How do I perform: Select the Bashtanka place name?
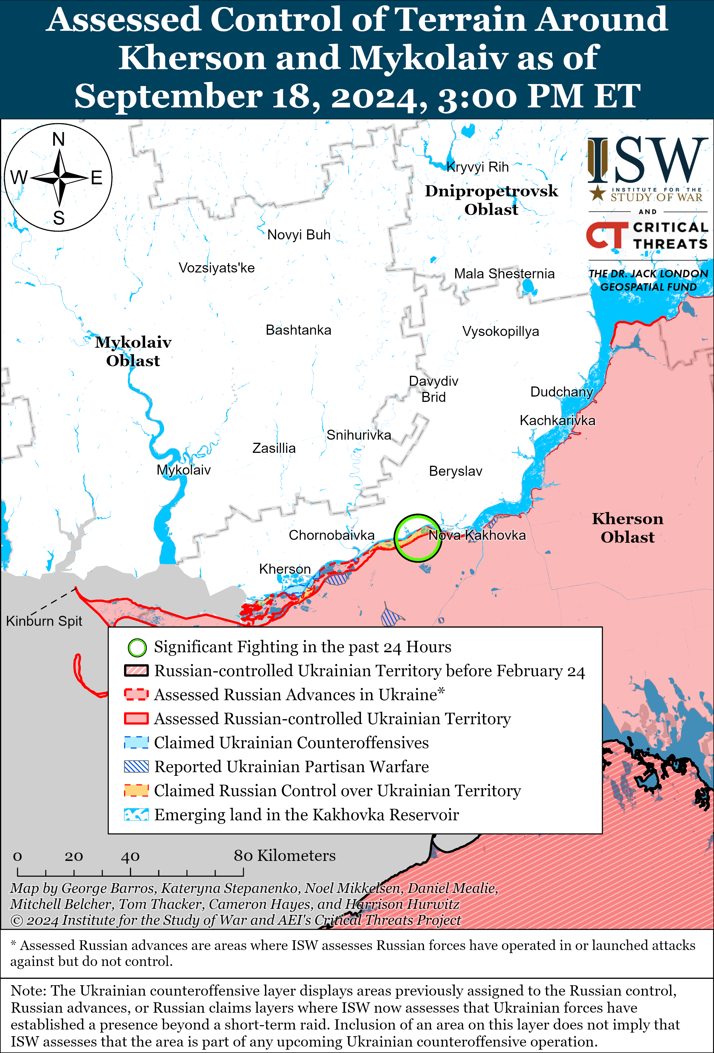pyautogui.click(x=298, y=330)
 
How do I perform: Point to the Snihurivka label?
pyautogui.click(x=358, y=435)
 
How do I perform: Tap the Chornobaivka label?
pyautogui.click(x=331, y=535)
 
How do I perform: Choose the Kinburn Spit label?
pyautogui.click(x=44, y=621)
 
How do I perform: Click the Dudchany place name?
pyautogui.click(x=561, y=392)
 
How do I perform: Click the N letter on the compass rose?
pyautogui.click(x=59, y=139)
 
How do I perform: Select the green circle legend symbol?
pyautogui.click(x=137, y=647)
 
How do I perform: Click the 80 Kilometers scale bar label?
pyautogui.click(x=284, y=856)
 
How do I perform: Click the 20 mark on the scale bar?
pyautogui.click(x=73, y=856)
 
